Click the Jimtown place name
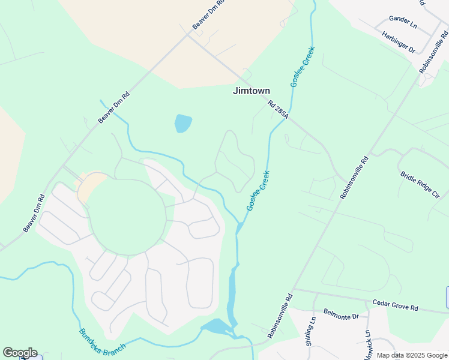tap(252, 91)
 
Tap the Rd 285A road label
tap(279, 109)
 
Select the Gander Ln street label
tap(402, 23)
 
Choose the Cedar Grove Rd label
tap(395, 305)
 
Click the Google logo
tap(20, 353)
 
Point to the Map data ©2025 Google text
tap(412, 355)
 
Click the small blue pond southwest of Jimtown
tap(183, 124)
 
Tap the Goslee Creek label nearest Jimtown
tap(303, 67)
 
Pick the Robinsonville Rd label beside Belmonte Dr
tap(280, 316)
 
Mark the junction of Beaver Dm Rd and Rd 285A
tap(188, 34)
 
